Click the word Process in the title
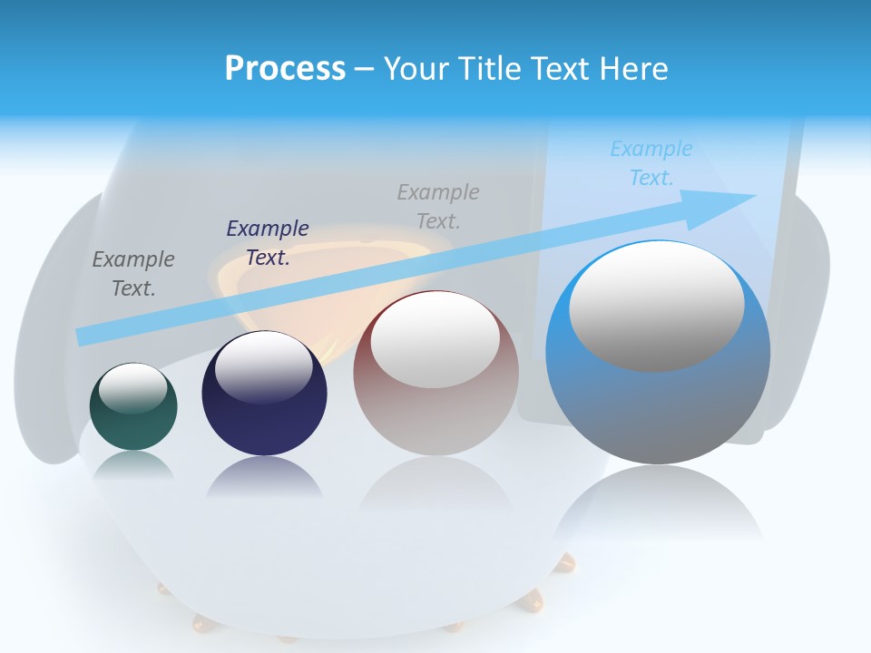[285, 69]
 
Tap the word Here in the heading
[634, 69]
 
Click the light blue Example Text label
[651, 163]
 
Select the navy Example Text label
[268, 243]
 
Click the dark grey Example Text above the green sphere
[133, 274]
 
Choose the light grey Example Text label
[438, 206]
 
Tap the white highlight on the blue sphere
[657, 306]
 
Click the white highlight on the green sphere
[133, 388]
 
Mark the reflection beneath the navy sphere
[264, 477]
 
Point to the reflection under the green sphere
[133, 465]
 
